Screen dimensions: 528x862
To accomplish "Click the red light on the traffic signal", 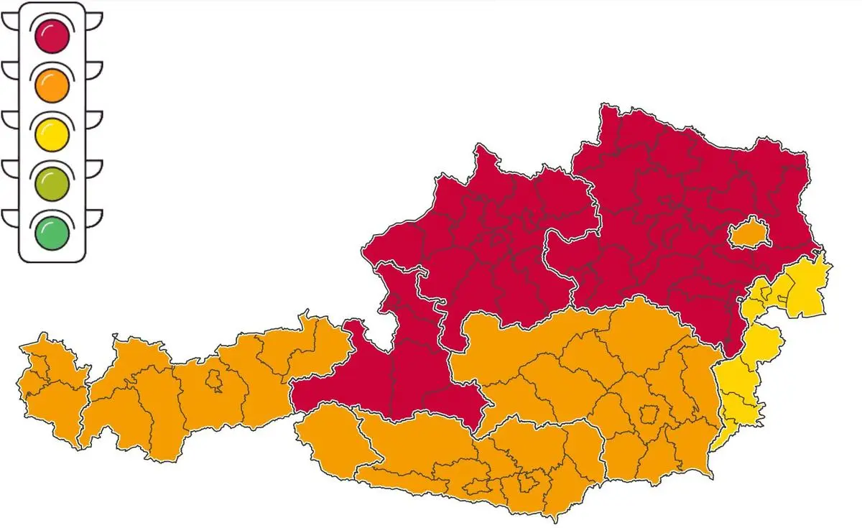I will coord(52,36).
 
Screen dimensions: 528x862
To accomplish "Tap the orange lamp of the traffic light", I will coord(52,85).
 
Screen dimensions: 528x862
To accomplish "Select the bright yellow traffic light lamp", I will coord(52,134).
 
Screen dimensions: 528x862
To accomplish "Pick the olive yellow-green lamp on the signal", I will coord(52,183).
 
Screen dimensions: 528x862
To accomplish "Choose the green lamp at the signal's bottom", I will coord(52,232).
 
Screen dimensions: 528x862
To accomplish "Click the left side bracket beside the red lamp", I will coord(11,22).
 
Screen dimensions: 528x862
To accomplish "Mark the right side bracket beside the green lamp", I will coord(94,218).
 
